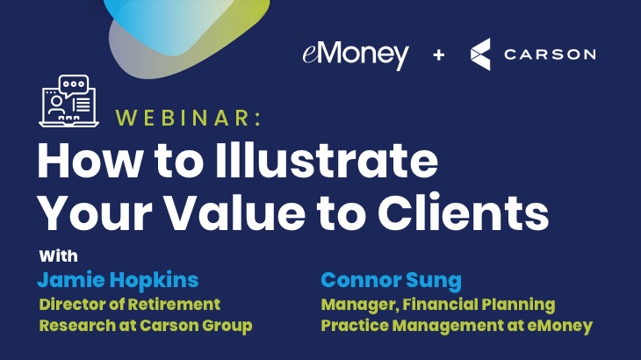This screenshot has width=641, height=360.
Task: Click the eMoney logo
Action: (x=356, y=55)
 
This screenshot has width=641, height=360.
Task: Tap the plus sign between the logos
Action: (x=439, y=54)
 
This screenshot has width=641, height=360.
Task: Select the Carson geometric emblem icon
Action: (x=480, y=54)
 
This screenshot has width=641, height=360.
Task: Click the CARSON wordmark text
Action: (x=550, y=54)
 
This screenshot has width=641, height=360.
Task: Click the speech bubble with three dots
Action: (x=74, y=84)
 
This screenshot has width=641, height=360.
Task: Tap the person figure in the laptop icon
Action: (x=56, y=105)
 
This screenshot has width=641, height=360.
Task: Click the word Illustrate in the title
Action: (x=327, y=160)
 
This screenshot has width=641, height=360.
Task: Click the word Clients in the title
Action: (x=463, y=213)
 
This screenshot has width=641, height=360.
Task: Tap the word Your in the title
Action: (x=95, y=213)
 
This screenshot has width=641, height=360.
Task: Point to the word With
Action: (x=59, y=256)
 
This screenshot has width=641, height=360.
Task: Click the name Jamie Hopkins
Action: (x=119, y=280)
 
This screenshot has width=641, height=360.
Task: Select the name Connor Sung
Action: (x=392, y=280)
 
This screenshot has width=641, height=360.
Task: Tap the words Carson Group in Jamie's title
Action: (x=196, y=326)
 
